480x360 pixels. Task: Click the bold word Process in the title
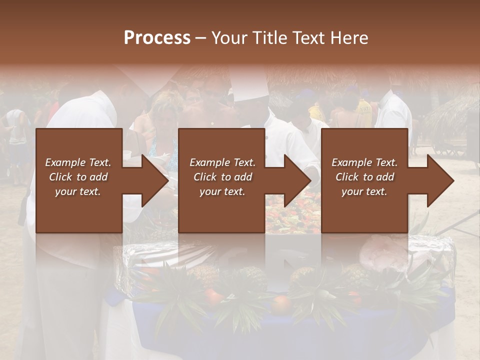point(157,38)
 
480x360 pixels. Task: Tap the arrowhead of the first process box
point(155,180)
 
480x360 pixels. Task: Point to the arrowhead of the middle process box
point(298,180)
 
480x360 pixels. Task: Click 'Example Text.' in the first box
point(78,162)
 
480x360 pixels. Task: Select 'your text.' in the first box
point(78,191)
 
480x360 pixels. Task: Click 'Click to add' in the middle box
point(222,177)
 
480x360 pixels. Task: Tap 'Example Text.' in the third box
point(364,162)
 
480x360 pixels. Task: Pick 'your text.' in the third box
point(364,191)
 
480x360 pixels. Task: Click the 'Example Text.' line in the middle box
point(222,162)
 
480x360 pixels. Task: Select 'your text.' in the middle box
point(222,191)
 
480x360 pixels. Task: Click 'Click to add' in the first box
point(78,177)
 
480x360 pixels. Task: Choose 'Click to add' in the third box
point(364,177)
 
